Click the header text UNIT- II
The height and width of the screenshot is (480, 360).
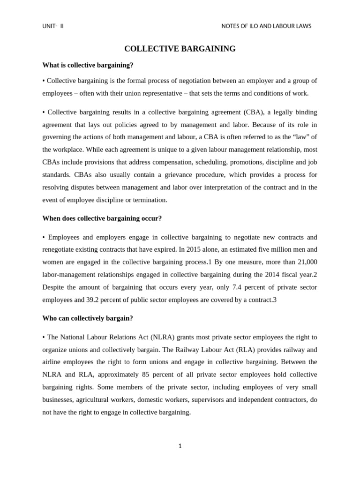point(52,26)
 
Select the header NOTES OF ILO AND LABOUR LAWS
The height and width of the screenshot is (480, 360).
point(266,26)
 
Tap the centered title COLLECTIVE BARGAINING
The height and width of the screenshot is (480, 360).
point(180,49)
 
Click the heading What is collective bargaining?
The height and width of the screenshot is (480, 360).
point(88,65)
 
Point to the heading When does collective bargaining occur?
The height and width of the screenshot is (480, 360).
point(102,218)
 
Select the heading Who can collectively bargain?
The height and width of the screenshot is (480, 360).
point(88,318)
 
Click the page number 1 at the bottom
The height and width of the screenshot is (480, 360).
point(180,446)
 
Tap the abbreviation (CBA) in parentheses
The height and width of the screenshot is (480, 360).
point(254,112)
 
